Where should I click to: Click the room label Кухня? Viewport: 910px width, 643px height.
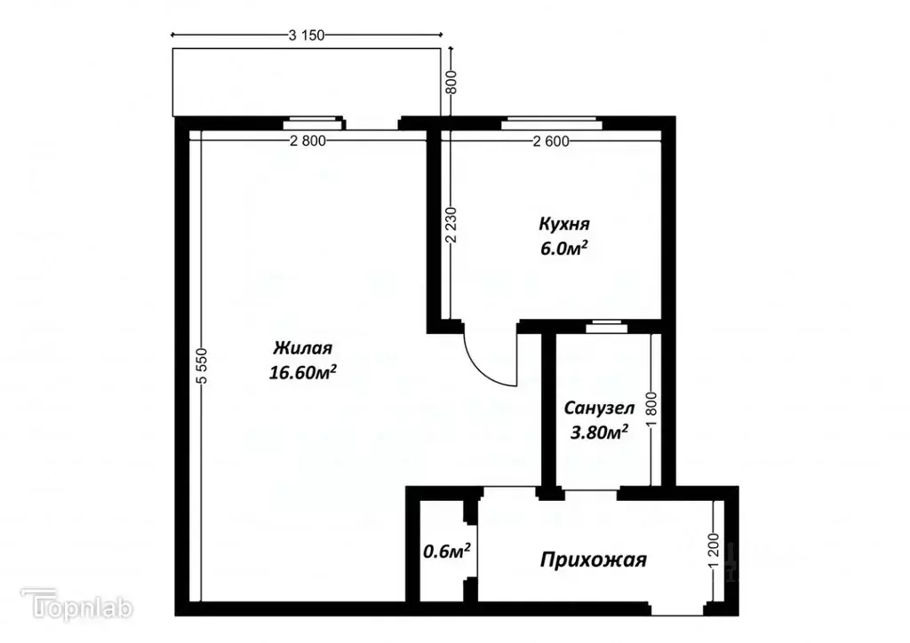click(x=564, y=223)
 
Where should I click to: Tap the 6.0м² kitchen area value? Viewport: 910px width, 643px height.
click(x=564, y=250)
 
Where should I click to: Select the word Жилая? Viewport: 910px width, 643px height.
click(x=302, y=347)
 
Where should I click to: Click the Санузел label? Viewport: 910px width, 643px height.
click(x=599, y=409)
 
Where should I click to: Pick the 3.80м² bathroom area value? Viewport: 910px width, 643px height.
click(x=599, y=433)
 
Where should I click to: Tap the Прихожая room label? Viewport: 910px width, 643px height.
click(x=594, y=560)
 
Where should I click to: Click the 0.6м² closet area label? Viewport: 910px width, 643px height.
click(x=447, y=552)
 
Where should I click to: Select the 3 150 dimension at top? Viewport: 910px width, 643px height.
click(x=307, y=36)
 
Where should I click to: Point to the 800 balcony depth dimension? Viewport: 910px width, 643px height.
click(x=451, y=83)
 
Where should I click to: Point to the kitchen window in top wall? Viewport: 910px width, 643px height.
click(x=552, y=123)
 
